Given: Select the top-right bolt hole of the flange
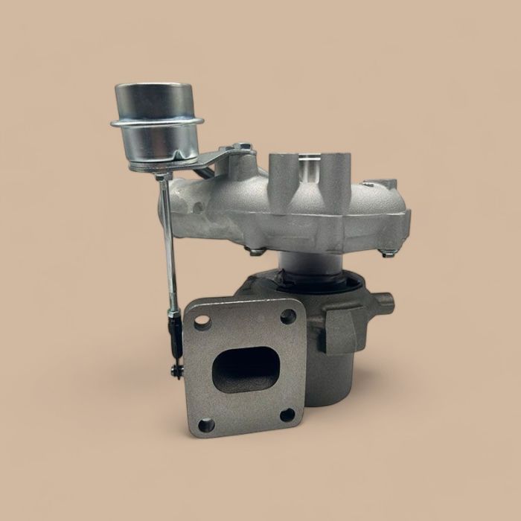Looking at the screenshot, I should click(287, 316).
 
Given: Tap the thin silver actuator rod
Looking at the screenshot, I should click(167, 238).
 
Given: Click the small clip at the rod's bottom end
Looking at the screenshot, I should click(176, 369).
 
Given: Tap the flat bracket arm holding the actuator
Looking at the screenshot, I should click(216, 159).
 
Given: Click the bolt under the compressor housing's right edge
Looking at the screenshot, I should click(387, 253).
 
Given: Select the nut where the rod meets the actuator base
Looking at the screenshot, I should click(161, 176).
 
